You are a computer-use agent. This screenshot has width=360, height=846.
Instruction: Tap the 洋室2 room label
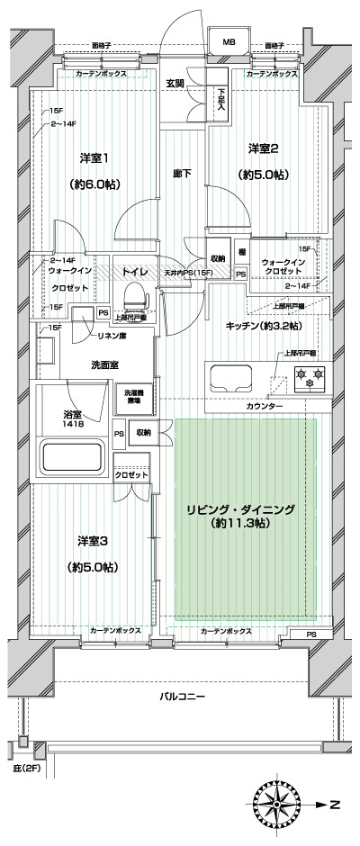[x=263, y=148]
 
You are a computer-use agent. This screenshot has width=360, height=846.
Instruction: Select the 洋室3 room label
[x=93, y=541]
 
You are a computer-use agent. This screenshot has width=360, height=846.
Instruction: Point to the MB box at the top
[x=229, y=42]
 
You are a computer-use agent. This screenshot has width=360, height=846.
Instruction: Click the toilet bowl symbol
[x=133, y=294]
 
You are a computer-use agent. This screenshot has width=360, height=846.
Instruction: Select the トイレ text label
[x=135, y=270]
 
